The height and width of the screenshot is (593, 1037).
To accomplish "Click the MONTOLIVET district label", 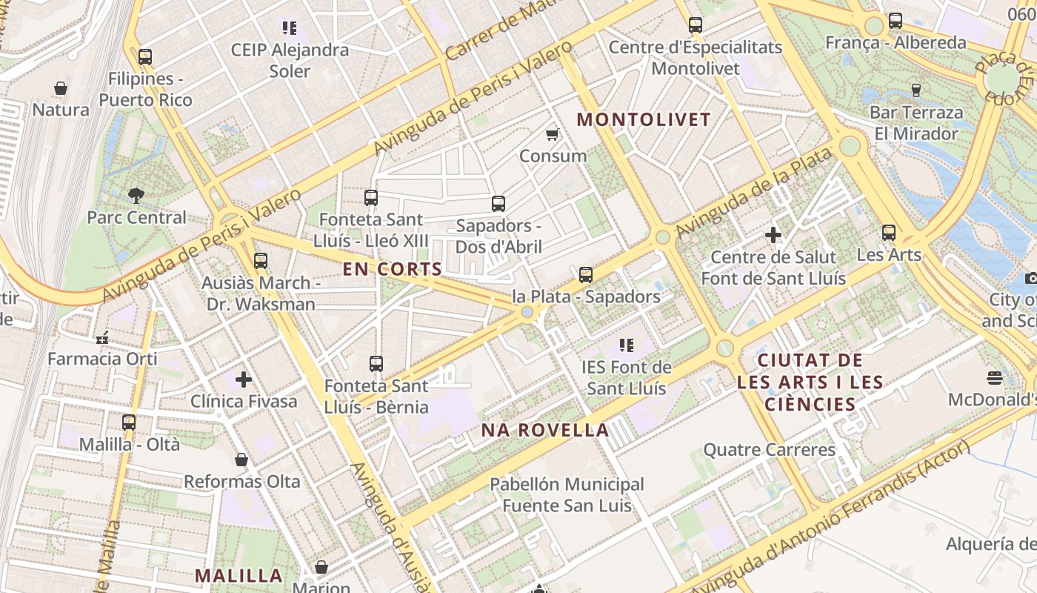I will (x=644, y=119).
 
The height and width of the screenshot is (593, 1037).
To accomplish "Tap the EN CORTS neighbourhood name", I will (x=392, y=269).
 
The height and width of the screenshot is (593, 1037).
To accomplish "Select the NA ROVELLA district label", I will (x=545, y=430).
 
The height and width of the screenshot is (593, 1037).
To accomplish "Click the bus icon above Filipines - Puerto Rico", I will (x=145, y=57).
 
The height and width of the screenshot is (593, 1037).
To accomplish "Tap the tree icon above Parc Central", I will (x=136, y=196).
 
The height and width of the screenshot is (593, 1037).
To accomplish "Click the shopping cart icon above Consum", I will (x=552, y=134).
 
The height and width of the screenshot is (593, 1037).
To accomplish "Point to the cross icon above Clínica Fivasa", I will (x=244, y=380).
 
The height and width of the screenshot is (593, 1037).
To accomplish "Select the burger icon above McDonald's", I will (x=995, y=378).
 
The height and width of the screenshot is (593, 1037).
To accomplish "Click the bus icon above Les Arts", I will (x=889, y=233).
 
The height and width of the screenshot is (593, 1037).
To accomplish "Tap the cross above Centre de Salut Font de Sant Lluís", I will (x=773, y=236).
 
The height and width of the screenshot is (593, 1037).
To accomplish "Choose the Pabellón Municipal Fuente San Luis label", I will (x=567, y=495).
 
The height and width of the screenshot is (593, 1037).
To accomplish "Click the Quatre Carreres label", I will (x=769, y=450).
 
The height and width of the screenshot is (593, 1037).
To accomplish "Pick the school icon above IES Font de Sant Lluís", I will (x=627, y=345).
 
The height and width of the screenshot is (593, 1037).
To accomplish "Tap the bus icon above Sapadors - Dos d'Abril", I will (x=499, y=203).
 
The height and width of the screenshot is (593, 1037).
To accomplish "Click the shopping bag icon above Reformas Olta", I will (x=241, y=460).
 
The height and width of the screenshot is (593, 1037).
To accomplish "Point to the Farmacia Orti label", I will (x=103, y=359).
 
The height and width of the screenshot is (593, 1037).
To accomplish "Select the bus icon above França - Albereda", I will (x=896, y=21).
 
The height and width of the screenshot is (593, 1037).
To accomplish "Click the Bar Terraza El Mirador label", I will (x=916, y=123).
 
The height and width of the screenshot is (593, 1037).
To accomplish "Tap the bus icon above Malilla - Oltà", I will (x=129, y=423).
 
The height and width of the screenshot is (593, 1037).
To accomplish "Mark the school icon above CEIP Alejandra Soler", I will (x=290, y=28).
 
